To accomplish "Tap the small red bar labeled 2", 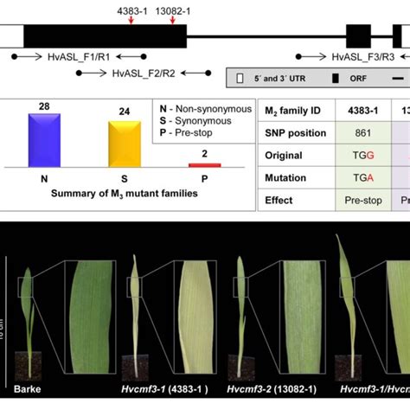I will (204, 164).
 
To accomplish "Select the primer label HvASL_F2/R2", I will (144, 74).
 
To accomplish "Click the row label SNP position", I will (298, 132).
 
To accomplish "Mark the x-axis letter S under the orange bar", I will (122, 179).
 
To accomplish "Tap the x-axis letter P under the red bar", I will (204, 179).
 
